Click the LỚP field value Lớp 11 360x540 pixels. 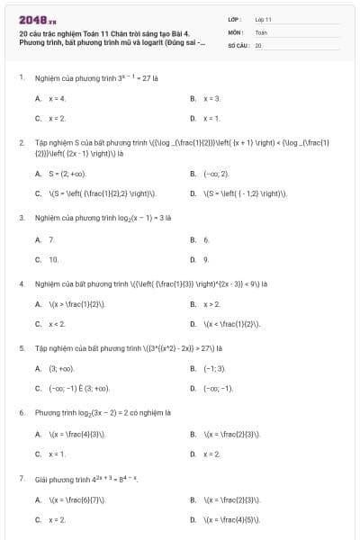pyautogui.click(x=263, y=19)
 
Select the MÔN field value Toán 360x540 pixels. pyautogui.click(x=261, y=31)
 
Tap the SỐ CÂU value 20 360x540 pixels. pyautogui.click(x=258, y=44)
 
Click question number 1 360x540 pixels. pyautogui.click(x=21, y=78)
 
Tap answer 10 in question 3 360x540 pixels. pyautogui.click(x=53, y=259)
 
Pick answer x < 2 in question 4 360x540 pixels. pyautogui.click(x=57, y=324)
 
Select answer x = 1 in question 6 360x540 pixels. pyautogui.click(x=57, y=454)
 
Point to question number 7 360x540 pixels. pyautogui.click(x=21, y=479)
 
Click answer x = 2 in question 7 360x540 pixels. pyautogui.click(x=57, y=519)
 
